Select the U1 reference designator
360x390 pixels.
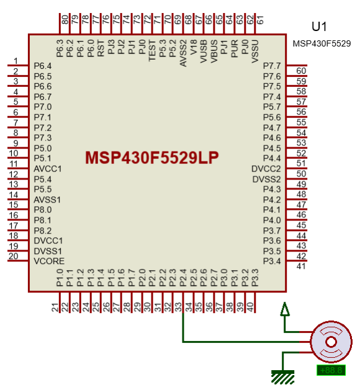click(319, 27)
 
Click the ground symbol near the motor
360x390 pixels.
click(283, 375)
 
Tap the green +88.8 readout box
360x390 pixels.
click(331, 371)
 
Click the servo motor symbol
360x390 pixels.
click(331, 342)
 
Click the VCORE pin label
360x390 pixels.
click(48, 261)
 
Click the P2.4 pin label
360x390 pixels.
click(183, 278)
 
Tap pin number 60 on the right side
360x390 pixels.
click(301, 71)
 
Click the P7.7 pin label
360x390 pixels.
click(272, 66)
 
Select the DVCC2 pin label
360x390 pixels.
click(266, 169)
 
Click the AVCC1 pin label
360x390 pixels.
click(48, 169)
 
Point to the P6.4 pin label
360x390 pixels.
click(42, 66)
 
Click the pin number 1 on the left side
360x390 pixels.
click(16, 60)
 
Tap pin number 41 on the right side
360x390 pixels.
click(301, 266)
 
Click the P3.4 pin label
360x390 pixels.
click(272, 261)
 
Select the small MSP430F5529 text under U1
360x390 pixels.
click(322, 44)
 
